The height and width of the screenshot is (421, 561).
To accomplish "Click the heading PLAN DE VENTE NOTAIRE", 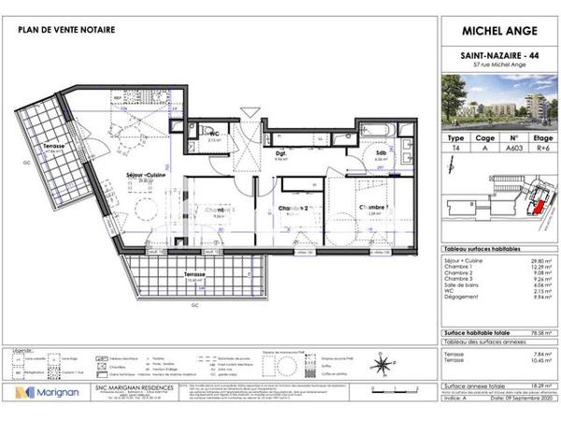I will (66, 30).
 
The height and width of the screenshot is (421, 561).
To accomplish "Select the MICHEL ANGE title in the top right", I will (498, 30).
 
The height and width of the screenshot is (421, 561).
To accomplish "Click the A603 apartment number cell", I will (512, 147).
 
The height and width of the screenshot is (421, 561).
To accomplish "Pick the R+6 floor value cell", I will (542, 147).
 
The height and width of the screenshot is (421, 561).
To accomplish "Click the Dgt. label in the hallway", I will (280, 152).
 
